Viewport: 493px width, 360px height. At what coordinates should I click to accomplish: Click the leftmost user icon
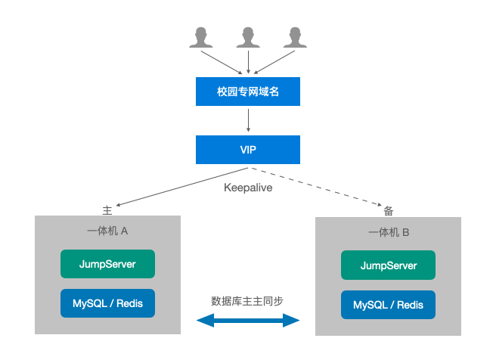(201, 38)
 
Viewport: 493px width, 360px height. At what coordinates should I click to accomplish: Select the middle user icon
(248, 38)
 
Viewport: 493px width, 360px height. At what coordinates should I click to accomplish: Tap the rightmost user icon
(296, 38)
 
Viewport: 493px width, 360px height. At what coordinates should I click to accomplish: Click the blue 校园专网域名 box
(248, 92)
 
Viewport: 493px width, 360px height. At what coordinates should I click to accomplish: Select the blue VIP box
(248, 150)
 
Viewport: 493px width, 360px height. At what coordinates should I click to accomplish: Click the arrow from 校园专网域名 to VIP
(248, 119)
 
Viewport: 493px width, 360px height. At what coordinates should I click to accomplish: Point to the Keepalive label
(248, 188)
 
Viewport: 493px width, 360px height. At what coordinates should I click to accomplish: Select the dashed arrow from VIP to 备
(318, 186)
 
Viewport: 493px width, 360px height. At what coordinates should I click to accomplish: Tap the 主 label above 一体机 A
(107, 209)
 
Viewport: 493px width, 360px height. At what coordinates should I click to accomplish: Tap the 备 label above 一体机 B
(388, 211)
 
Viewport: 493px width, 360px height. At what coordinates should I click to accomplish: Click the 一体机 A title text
(107, 231)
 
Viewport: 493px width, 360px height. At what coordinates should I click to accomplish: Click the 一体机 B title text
(389, 232)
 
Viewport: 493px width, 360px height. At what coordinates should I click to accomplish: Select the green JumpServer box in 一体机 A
(107, 264)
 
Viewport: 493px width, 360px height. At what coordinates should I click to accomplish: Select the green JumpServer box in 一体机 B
(389, 265)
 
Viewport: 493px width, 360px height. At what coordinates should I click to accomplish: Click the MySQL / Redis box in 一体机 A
(107, 303)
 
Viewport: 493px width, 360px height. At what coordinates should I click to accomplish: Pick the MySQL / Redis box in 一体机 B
(389, 305)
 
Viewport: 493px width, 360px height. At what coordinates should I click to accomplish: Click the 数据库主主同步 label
(248, 300)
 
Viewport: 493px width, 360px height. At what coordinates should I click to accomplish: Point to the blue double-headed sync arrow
(248, 321)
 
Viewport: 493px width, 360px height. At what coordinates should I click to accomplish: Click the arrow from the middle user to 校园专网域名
(248, 61)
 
